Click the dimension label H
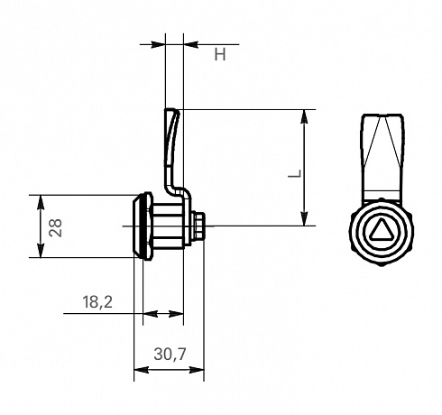(x=220, y=55)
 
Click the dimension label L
(x=295, y=173)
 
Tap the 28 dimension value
(x=56, y=227)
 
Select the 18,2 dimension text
(x=97, y=302)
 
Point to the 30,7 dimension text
(x=170, y=354)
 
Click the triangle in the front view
(x=382, y=230)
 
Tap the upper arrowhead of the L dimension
(x=305, y=116)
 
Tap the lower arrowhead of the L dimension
(x=305, y=218)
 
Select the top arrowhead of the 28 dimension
(x=41, y=202)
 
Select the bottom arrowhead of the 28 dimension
(x=41, y=250)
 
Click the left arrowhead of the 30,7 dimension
(x=142, y=370)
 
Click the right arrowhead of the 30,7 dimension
(x=197, y=370)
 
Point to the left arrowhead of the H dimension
(x=158, y=44)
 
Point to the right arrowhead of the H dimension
(x=191, y=44)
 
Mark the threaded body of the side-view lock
(x=168, y=226)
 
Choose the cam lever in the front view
(x=382, y=156)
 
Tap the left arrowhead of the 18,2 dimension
(x=151, y=314)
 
